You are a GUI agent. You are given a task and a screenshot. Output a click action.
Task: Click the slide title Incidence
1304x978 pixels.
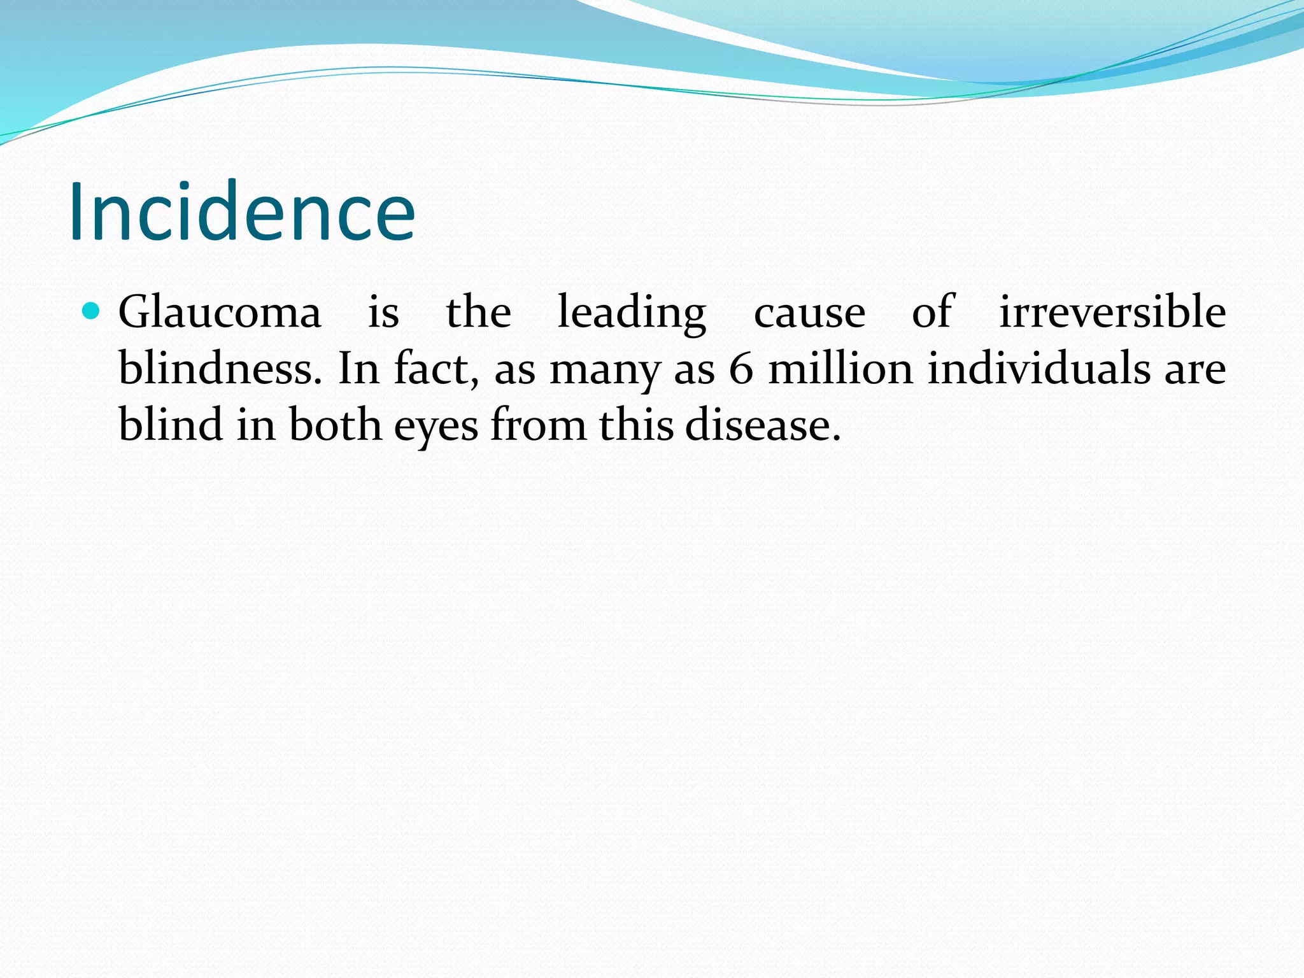pos(242,212)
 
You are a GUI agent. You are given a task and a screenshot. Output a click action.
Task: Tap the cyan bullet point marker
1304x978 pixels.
pos(92,311)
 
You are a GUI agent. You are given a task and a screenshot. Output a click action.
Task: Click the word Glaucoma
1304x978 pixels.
pos(220,313)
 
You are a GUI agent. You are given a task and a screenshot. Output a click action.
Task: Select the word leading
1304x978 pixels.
pos(632,313)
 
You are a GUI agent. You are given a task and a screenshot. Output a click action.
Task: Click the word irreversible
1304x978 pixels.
pos(1112,312)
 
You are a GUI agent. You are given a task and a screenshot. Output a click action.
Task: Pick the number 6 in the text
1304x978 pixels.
pos(741,369)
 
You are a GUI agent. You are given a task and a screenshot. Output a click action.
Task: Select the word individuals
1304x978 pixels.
pos(1038,369)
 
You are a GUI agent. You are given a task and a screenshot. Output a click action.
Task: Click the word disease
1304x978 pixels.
pos(762,425)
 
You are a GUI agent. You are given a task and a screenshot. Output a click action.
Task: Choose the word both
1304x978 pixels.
pos(335,425)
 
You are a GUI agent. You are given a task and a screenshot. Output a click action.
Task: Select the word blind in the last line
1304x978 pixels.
pos(171,425)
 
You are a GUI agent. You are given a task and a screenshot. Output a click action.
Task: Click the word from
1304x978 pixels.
pos(538,425)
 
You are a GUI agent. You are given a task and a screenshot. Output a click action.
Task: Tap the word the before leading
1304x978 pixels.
pos(478,313)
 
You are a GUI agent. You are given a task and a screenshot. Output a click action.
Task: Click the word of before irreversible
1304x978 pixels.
pos(932,313)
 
